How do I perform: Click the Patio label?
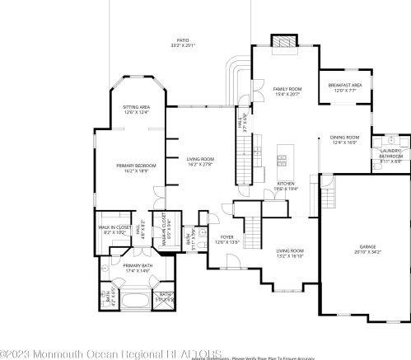[182, 41]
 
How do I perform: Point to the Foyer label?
[226, 240]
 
